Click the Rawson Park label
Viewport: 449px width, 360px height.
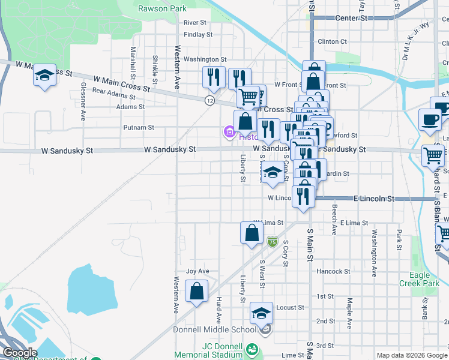[162, 8]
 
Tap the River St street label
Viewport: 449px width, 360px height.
[195, 22]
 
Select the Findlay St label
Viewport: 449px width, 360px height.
[198, 35]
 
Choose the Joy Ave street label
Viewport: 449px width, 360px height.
[197, 271]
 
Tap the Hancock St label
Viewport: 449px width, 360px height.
[333, 271]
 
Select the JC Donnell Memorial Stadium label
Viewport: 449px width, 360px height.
[214, 351]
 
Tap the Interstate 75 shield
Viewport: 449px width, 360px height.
[272, 241]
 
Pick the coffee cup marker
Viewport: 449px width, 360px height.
[430, 119]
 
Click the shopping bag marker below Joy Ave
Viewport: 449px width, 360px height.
[197, 292]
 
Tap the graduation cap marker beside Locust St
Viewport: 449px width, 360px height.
[262, 313]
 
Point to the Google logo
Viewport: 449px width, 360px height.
[20, 353]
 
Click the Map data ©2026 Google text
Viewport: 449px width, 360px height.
[411, 355]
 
